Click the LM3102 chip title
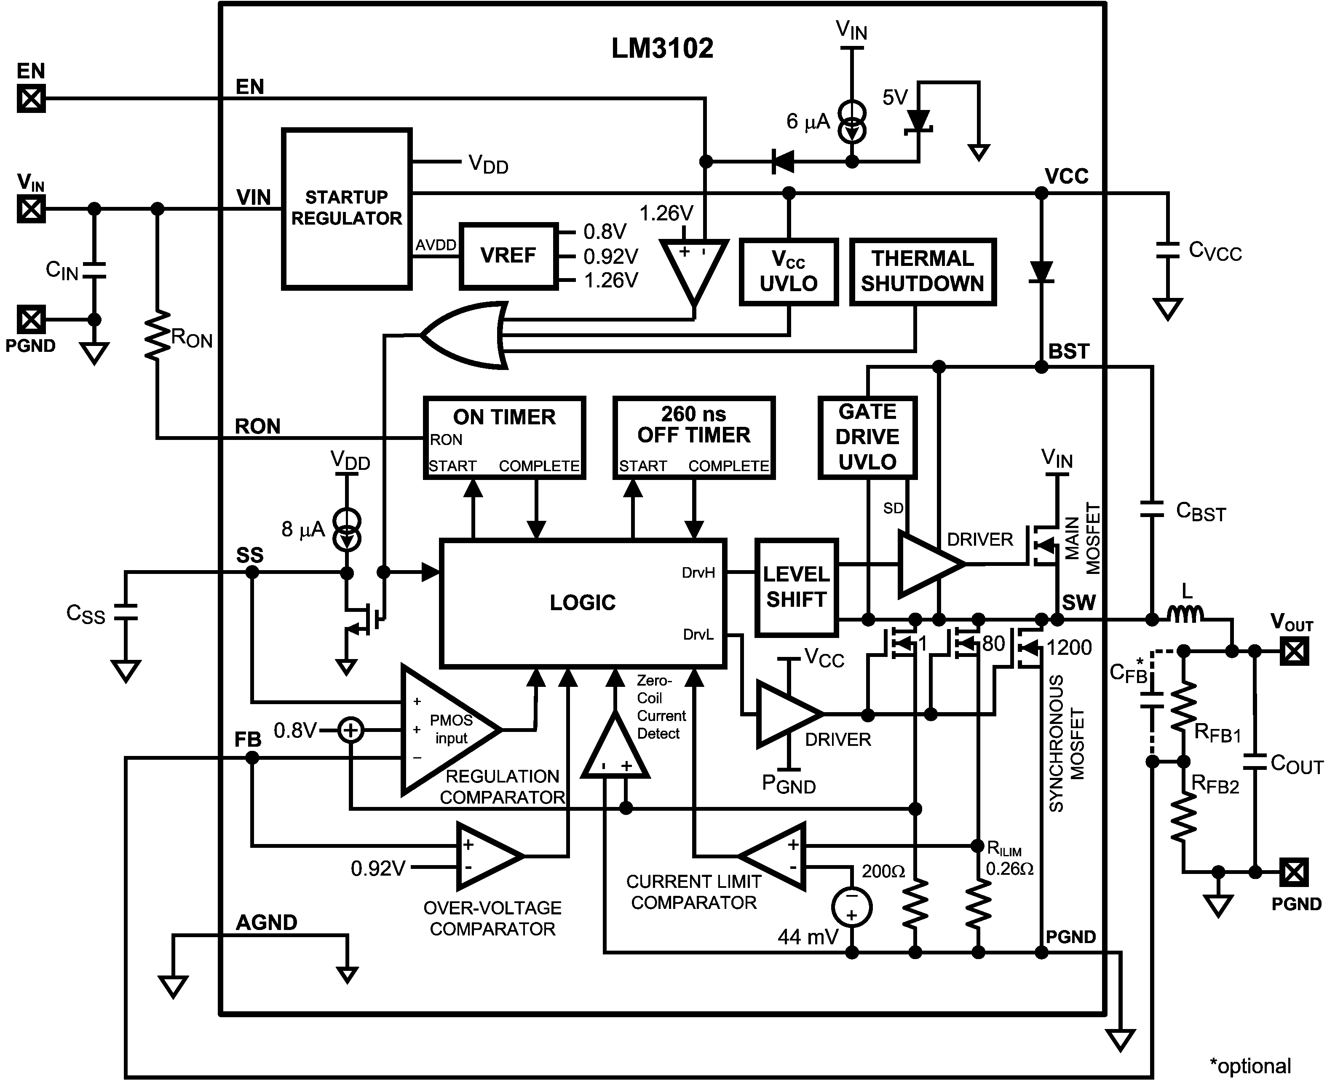662,48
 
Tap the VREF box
508,256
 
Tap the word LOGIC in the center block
582,602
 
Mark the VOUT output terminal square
1294,652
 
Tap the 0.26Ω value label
1009,869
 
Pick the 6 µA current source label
807,122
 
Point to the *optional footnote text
1250,1066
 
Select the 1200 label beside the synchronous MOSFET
1068,648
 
